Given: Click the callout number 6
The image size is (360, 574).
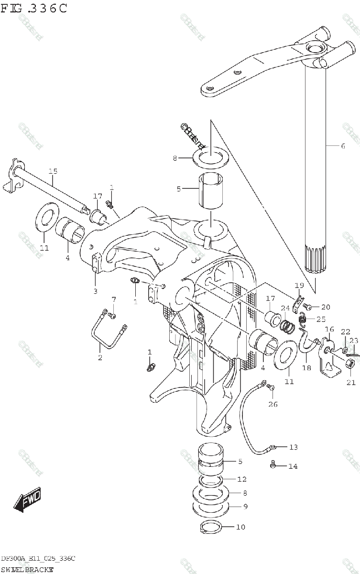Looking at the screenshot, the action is click(342, 146).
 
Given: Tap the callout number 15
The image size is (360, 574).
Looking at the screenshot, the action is click(53, 171).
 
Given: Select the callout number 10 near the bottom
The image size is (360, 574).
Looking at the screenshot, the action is click(240, 527).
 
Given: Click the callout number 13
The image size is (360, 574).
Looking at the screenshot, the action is click(293, 447).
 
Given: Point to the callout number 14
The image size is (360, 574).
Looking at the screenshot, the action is click(293, 466).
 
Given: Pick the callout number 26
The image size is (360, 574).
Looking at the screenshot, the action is click(273, 404).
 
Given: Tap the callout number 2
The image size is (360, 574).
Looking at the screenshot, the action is click(100, 357).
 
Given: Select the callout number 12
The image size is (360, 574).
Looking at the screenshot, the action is click(242, 479).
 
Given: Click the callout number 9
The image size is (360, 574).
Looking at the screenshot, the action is click(245, 506).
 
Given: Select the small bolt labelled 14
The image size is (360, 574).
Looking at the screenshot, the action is click(273, 464).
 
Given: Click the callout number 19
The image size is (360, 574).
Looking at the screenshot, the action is click(299, 286).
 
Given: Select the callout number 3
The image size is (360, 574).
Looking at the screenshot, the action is click(95, 291).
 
